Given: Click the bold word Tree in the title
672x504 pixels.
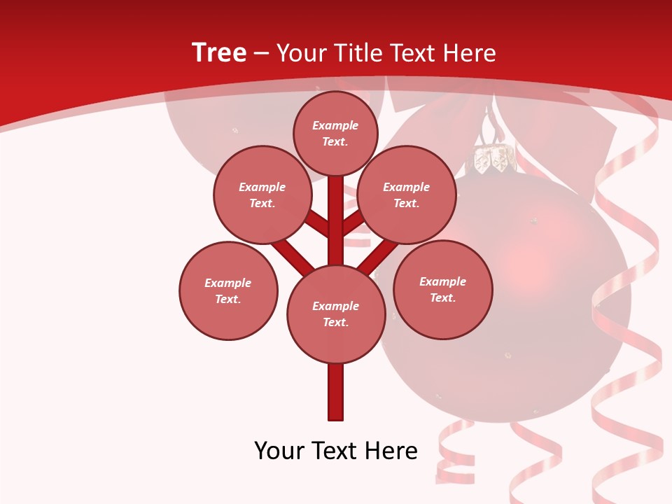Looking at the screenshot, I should [x=219, y=52].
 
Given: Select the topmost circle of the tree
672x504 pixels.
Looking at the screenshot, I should [x=335, y=133].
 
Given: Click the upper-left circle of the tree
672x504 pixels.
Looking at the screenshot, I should [x=262, y=195].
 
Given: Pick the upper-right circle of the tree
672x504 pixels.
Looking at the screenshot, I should [x=406, y=195].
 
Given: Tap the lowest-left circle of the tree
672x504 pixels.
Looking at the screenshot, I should [x=228, y=290].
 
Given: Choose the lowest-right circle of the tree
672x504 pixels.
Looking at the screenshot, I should [x=442, y=289].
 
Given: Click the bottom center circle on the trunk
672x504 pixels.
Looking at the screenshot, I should [x=336, y=314].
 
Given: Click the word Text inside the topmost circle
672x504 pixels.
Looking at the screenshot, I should [x=335, y=141].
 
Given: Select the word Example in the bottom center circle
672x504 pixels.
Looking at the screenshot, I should [x=335, y=306].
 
